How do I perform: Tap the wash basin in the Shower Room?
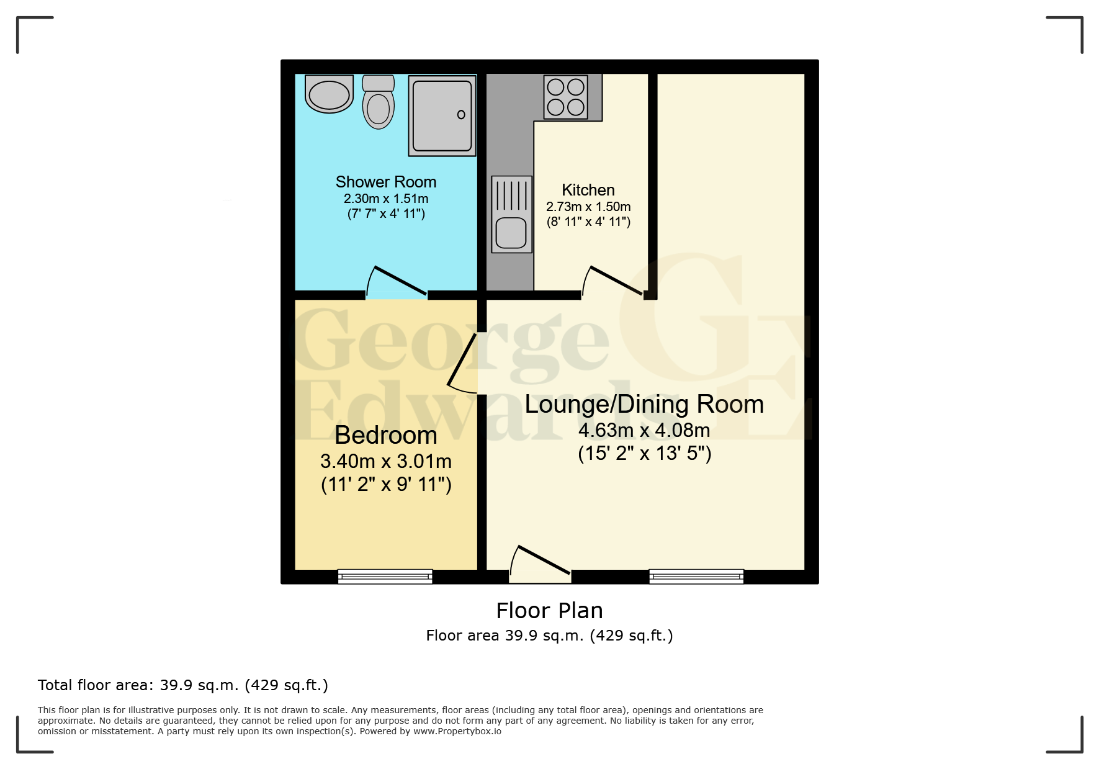329,95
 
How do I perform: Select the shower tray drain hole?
461,114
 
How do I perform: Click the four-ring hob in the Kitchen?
565,97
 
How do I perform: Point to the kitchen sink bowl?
511,233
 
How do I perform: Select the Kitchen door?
614,282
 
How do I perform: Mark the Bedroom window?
385,577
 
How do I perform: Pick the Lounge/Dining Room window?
696,577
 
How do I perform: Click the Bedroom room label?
385,435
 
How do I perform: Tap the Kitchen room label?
588,190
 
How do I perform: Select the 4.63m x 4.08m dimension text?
644,430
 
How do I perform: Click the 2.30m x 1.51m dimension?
385,199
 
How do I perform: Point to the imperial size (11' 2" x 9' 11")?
385,484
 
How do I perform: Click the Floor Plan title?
549,611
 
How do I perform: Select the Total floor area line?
182,685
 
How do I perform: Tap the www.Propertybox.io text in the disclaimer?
457,731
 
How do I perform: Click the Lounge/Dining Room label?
644,404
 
